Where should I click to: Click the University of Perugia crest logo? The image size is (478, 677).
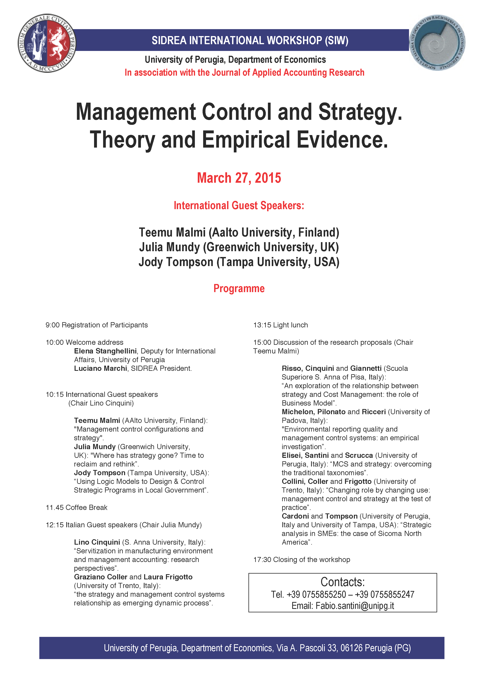(x=47, y=43)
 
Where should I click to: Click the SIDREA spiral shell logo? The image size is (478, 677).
(x=437, y=43)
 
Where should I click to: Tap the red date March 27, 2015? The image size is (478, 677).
(x=239, y=178)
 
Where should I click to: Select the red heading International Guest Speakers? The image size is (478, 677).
(x=239, y=205)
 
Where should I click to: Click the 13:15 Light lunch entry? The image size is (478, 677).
(x=280, y=325)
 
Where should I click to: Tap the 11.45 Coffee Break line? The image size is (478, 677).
(x=77, y=507)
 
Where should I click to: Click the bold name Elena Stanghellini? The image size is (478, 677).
(x=105, y=351)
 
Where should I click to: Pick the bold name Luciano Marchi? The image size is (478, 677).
(x=100, y=368)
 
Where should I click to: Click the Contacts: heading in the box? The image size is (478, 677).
(x=343, y=582)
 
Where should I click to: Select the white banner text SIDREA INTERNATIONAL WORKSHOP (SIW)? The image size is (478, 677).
(x=250, y=40)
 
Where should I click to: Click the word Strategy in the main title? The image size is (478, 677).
(x=360, y=112)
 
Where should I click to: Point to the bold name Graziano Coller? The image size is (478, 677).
(x=100, y=577)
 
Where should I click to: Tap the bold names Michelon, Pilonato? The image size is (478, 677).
(x=313, y=412)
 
